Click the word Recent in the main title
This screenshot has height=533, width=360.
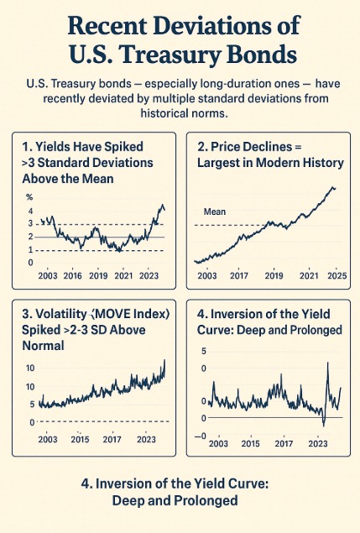pyautogui.click(x=107, y=25)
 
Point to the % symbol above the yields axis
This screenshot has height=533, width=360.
pyautogui.click(x=29, y=197)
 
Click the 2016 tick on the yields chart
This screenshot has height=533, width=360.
pyautogui.click(x=72, y=275)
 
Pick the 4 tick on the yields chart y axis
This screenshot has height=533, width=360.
pyautogui.click(x=30, y=211)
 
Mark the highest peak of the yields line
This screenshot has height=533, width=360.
pyautogui.click(x=163, y=205)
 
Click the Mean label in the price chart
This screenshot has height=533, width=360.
pyautogui.click(x=215, y=212)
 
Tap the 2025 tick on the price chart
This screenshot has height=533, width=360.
pyautogui.click(x=337, y=275)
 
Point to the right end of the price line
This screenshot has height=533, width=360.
pyautogui.click(x=335, y=189)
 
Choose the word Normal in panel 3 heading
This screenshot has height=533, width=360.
pyautogui.click(x=43, y=346)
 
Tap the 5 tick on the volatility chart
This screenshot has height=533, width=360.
pyautogui.click(x=32, y=405)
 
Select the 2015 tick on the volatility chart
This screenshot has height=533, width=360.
pyautogui.click(x=80, y=439)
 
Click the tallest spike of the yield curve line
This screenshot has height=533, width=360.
pyautogui.click(x=328, y=363)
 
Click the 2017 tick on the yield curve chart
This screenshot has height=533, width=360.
pyautogui.click(x=284, y=443)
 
